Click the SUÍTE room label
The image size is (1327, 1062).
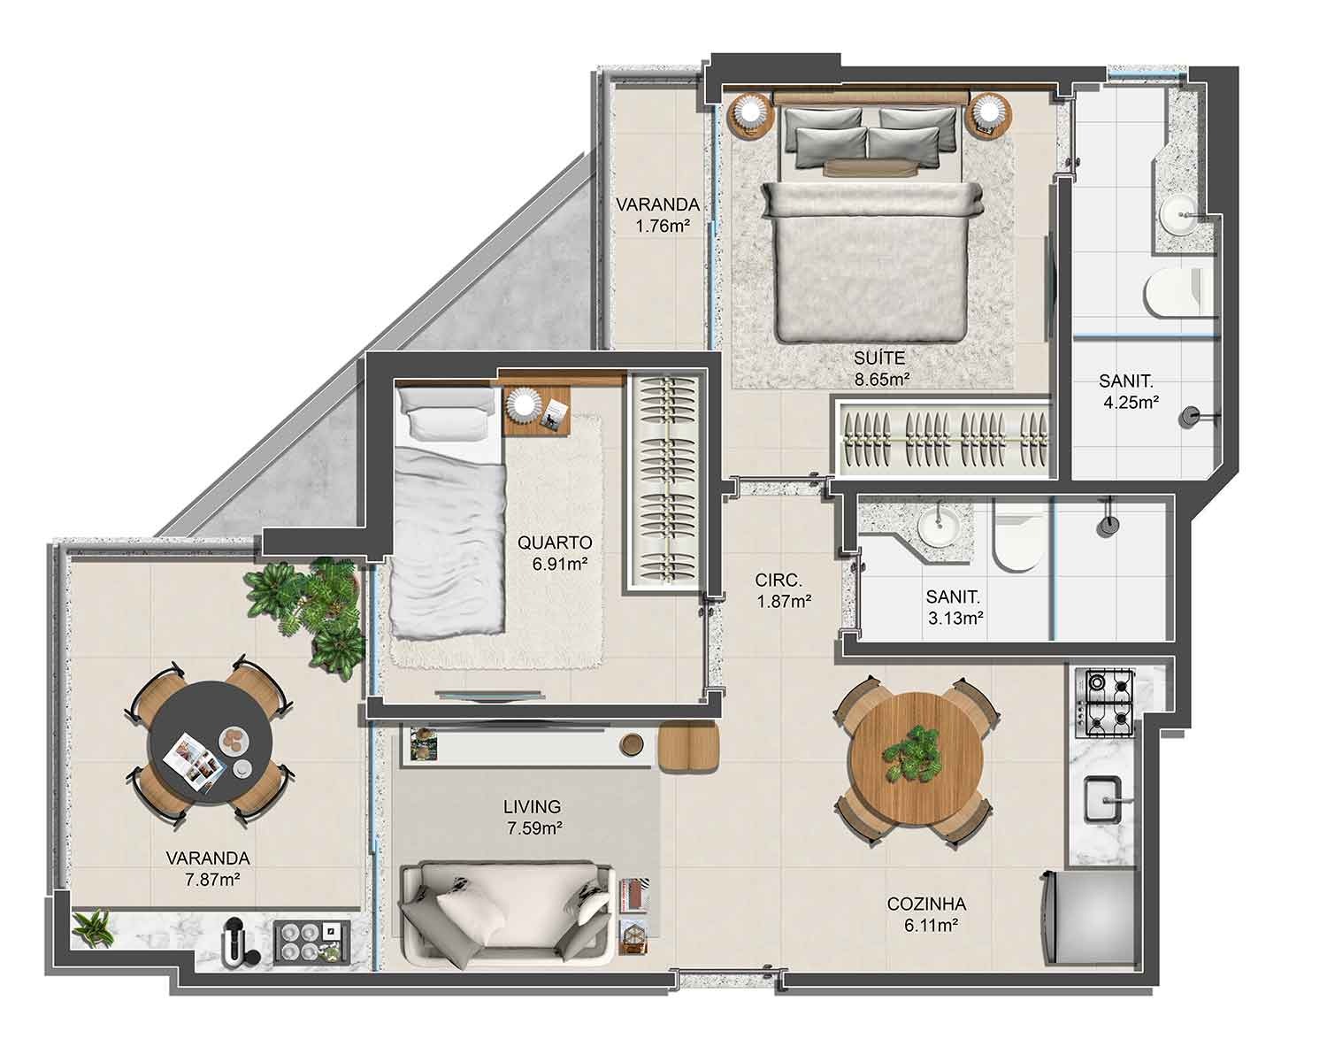(879, 358)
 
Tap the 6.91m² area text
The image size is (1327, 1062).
(559, 564)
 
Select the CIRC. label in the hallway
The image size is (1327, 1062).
(779, 581)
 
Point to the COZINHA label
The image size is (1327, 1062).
(926, 904)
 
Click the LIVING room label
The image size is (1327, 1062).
(533, 807)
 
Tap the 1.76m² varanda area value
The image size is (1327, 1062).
(663, 226)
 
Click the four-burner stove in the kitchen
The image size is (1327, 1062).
(1104, 703)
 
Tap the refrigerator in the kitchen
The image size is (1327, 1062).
(1088, 918)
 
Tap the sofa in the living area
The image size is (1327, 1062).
(507, 915)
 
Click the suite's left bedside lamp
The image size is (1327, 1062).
(752, 113)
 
